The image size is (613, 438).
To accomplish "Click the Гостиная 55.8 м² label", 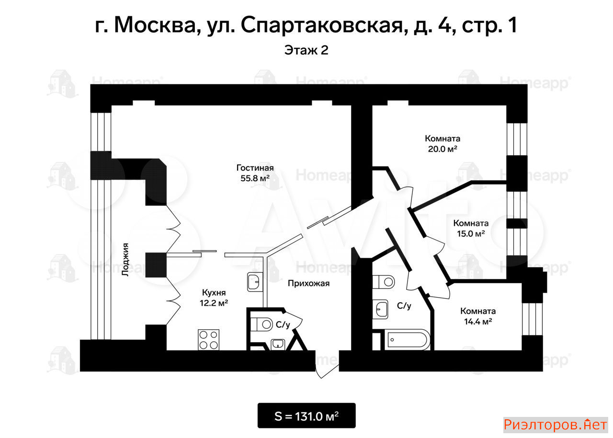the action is coord(255,173).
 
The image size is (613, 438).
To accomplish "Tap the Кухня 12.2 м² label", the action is coord(214,298).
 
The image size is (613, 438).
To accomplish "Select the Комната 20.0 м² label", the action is coord(443,144).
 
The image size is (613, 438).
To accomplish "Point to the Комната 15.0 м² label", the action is coord(471,228).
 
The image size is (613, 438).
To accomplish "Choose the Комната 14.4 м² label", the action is coord(478,316).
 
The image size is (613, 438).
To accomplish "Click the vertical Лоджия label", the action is coord(125,259).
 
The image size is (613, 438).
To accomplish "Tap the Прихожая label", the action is coord(308,283).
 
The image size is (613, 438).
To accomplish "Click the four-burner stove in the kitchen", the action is coord(208,339).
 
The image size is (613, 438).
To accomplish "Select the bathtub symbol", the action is coord(407,340).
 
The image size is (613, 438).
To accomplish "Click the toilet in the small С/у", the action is coord(261,324).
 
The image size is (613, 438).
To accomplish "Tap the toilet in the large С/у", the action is coord(383,282).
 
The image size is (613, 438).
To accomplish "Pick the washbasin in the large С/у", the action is coord(380,310).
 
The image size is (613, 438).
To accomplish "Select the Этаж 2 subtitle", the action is coord(306,50).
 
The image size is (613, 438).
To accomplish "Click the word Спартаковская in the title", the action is coord(322,25).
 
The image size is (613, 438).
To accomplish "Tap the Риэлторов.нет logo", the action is coord(556,425).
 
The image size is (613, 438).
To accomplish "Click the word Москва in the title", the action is coord(155,25).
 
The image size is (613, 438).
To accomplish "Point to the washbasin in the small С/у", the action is coord(278,345).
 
